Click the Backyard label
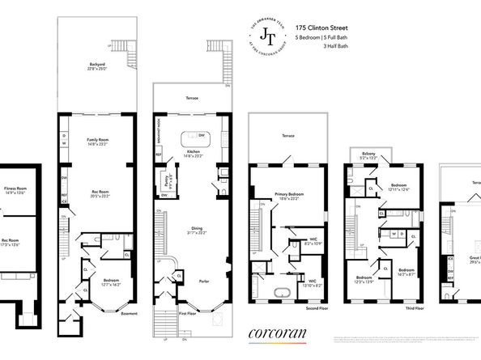97,66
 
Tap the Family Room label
97,142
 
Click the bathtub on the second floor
285,290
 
